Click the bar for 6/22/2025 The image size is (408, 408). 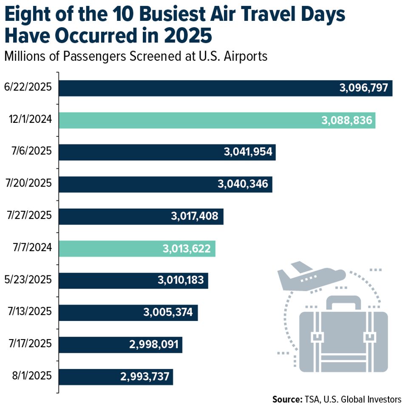coord(225,88)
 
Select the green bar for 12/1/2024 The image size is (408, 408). coord(217,120)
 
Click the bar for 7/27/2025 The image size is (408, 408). coord(141,216)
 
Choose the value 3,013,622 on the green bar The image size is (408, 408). coord(186,248)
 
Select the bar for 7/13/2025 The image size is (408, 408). coord(128,312)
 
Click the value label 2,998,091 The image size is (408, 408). coord(155,344)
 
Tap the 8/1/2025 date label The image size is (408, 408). coord(31,376)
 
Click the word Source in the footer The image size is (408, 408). coord(287,399)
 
